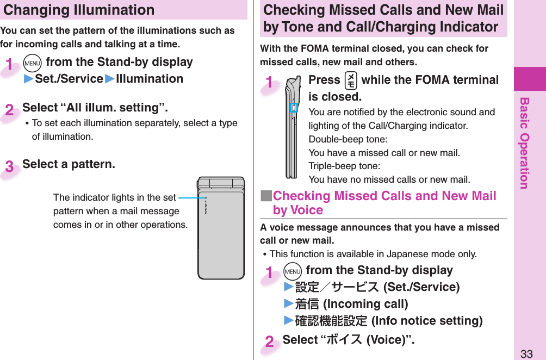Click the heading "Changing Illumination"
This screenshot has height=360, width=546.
[79, 10]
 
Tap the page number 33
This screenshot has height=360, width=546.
[526, 353]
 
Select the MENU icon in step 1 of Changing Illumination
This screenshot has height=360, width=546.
[33, 63]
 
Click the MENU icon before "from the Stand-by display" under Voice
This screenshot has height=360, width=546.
[293, 271]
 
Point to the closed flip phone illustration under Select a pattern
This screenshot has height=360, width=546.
[221, 227]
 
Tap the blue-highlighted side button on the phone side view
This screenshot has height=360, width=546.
[293, 108]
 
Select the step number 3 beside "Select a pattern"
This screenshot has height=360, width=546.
[10, 166]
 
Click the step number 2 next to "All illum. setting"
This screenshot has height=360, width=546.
[10, 110]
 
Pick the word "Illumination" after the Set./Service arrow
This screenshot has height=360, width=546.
[150, 79]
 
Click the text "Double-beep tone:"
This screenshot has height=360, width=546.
[341, 139]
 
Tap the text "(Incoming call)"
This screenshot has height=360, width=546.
[365, 304]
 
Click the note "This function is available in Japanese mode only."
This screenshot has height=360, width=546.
[373, 254]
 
